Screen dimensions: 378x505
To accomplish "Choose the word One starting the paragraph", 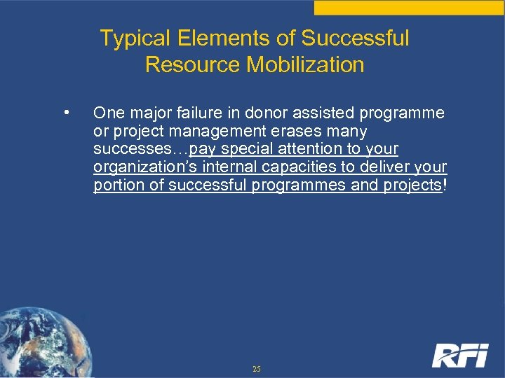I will click(x=107, y=113).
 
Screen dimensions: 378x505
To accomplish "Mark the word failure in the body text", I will click(x=191, y=113).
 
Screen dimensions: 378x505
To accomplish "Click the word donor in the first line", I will click(x=254, y=113).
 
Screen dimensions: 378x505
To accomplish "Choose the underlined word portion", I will click(x=116, y=185).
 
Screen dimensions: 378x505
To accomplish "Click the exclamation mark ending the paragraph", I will click(x=445, y=185).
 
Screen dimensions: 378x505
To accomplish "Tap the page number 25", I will click(x=257, y=369).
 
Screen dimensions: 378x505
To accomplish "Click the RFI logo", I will click(x=459, y=355).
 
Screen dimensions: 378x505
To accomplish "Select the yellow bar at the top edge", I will click(x=409, y=7).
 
